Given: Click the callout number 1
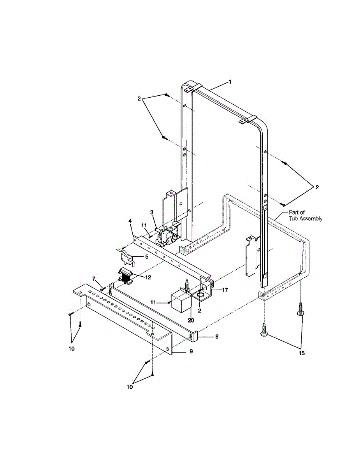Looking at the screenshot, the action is point(230,82).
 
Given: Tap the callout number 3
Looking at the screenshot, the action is point(152,212).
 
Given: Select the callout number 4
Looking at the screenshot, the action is point(130,221).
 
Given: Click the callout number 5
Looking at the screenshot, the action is point(147,256).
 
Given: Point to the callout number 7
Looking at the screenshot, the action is point(94,279).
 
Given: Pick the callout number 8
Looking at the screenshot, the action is point(217,337).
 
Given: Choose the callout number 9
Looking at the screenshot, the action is point(191,351).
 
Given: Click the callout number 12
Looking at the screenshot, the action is point(148,277).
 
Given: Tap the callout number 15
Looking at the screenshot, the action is point(302,353).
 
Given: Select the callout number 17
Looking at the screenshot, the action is point(225,290).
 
